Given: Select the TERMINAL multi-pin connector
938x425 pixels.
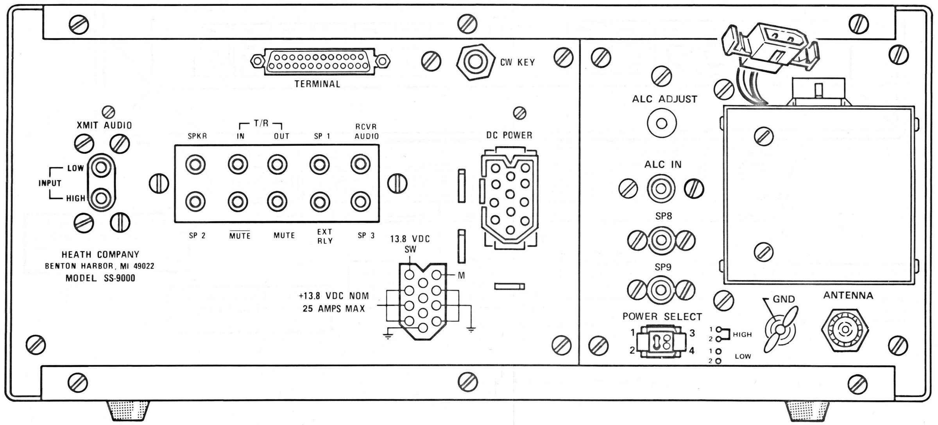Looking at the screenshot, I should click(x=320, y=62).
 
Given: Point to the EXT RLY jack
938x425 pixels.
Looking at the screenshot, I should click(x=319, y=202).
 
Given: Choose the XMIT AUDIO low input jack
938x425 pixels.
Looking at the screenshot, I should click(x=101, y=168).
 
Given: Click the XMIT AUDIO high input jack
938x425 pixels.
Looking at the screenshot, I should click(x=101, y=197).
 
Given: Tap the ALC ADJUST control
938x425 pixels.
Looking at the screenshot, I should click(x=661, y=124).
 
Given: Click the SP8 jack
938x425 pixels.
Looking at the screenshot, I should click(x=661, y=239).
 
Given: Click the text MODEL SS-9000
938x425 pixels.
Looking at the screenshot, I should click(x=100, y=278).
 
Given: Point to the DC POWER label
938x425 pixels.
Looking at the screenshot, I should click(x=509, y=135).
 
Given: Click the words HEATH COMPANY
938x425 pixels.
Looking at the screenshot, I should click(x=100, y=255).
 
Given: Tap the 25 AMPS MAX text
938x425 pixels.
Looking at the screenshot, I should click(x=333, y=308).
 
